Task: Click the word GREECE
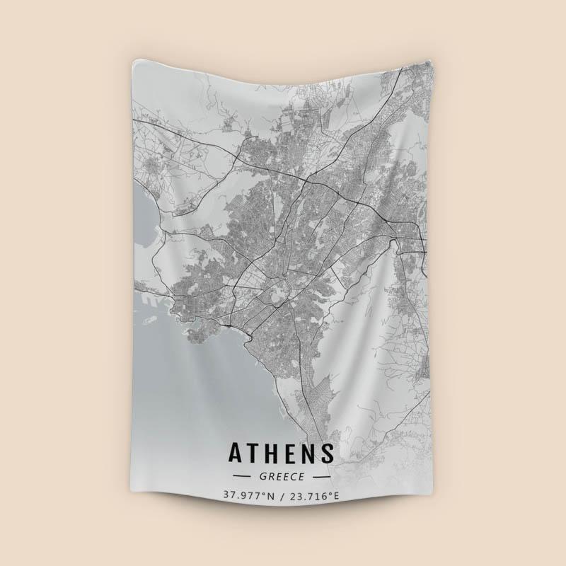[282, 476]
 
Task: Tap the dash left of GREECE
[243, 477]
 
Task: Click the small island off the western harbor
[149, 320]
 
